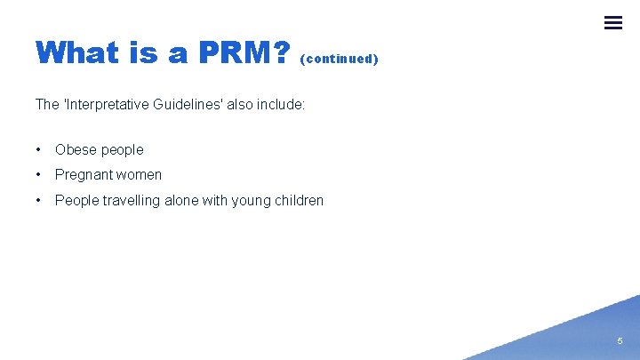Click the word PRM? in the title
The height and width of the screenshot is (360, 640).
coord(244,53)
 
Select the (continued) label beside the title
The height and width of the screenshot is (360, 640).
coord(340,59)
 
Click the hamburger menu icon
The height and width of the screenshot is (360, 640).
coord(613,23)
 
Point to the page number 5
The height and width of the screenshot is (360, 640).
coord(620,340)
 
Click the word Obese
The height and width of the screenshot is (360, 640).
coord(75,150)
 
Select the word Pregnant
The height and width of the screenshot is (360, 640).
coord(83,175)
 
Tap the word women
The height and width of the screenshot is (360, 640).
coord(139,175)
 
